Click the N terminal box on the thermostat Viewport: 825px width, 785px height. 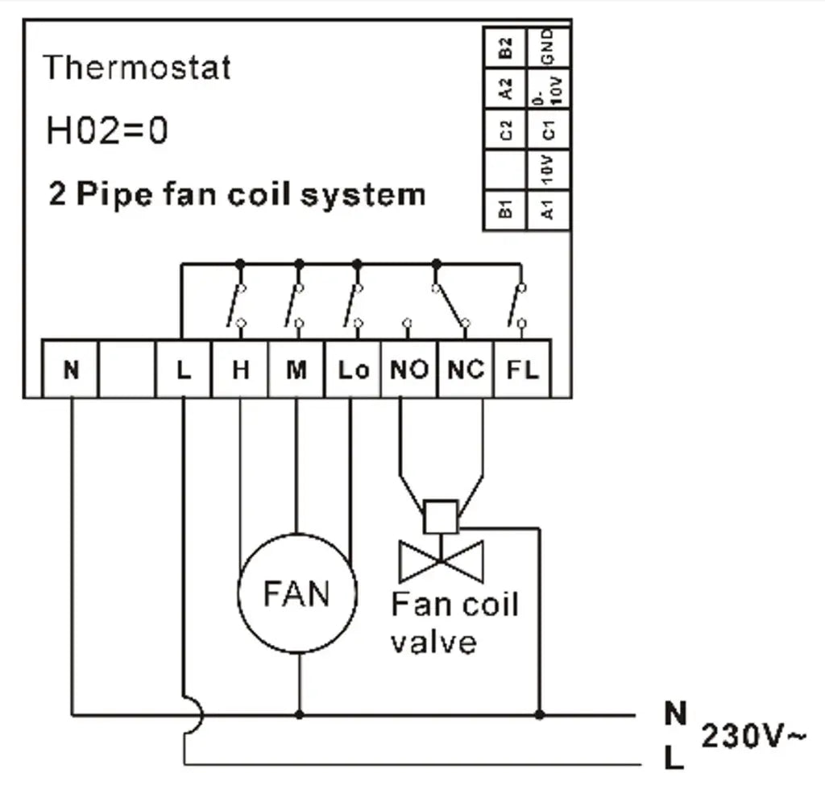click(x=71, y=370)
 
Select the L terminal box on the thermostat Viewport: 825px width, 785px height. click(x=184, y=370)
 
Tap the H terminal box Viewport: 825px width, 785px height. click(x=240, y=370)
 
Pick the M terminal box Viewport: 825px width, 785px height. click(x=296, y=370)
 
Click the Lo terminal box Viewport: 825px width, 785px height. click(x=353, y=370)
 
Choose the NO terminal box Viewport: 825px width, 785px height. click(x=409, y=370)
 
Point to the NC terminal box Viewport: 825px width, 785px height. click(x=466, y=370)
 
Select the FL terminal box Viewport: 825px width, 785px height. click(x=521, y=370)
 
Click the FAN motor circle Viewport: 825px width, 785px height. click(x=296, y=593)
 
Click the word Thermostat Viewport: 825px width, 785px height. click(x=137, y=67)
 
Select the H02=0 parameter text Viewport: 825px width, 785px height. click(x=107, y=130)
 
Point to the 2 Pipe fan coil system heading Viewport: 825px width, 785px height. click(x=237, y=194)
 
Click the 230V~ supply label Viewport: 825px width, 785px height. click(x=752, y=734)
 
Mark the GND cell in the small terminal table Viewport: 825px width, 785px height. click(x=548, y=48)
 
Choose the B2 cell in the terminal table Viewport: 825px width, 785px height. click(x=505, y=48)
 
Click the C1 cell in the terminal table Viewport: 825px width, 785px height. click(x=548, y=129)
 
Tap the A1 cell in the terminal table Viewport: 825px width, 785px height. click(x=548, y=210)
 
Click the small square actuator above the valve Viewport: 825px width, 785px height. click(x=441, y=516)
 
